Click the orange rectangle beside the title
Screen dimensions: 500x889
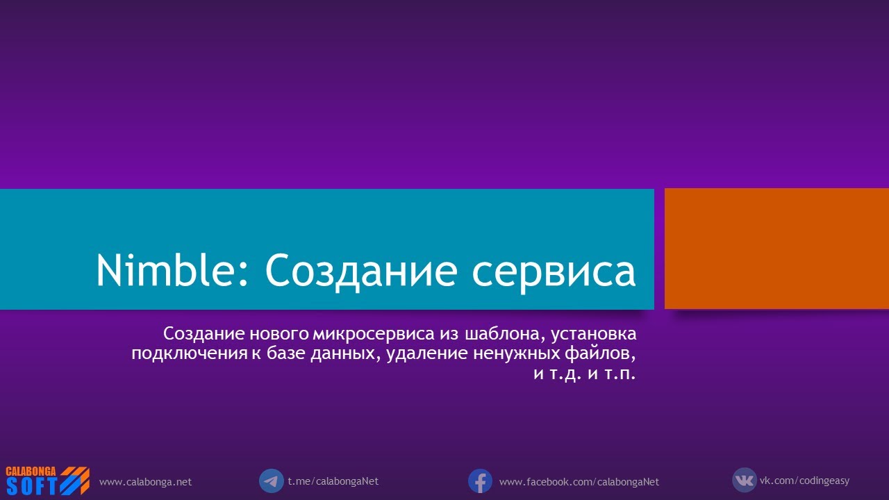tap(776, 249)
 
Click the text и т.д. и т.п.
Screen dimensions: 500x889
tap(585, 375)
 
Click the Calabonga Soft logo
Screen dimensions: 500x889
tap(47, 481)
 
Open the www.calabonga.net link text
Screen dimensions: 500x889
tap(145, 482)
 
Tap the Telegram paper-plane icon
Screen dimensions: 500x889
tap(271, 481)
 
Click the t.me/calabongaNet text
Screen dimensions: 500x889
tap(333, 481)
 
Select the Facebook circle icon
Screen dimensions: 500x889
tap(480, 481)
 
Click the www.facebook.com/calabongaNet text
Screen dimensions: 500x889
tap(579, 482)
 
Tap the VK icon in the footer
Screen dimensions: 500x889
tap(744, 480)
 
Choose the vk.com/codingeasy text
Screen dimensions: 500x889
tap(804, 481)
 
